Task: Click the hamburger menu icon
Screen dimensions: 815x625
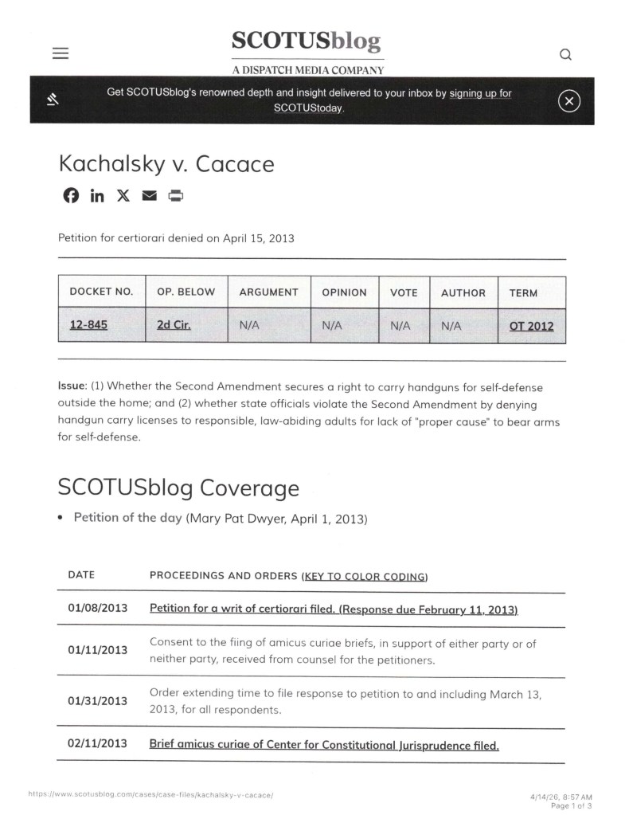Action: click(61, 53)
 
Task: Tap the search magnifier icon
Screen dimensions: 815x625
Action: click(565, 54)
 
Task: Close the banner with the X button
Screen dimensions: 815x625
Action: click(568, 100)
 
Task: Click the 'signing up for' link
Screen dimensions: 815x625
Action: click(480, 93)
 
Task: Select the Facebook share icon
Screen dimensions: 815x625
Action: click(71, 195)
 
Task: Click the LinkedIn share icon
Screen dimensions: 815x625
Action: click(96, 195)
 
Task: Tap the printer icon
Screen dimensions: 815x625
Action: click(176, 195)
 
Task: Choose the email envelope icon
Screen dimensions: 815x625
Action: click(150, 195)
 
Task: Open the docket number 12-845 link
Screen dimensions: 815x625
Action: click(88, 325)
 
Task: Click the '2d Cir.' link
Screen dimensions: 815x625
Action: click(174, 325)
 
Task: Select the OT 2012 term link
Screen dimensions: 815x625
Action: click(531, 325)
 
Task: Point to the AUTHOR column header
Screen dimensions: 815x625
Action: click(463, 292)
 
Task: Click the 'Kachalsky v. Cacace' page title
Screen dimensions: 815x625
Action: click(166, 164)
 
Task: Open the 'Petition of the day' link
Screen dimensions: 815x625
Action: click(127, 518)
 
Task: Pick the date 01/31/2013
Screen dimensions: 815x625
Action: click(97, 701)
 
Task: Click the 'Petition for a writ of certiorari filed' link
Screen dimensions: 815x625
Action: click(334, 609)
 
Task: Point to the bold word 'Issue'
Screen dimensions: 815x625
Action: click(72, 386)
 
